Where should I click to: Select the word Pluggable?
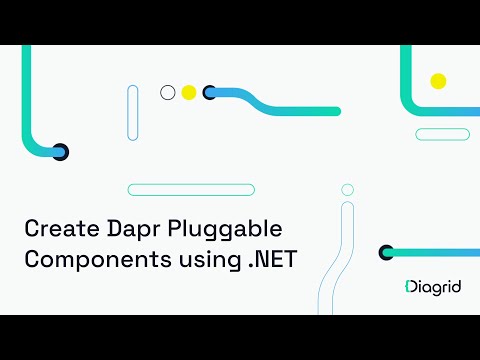(x=220, y=228)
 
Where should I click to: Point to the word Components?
(x=89, y=258)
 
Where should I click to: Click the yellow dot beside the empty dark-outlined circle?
(x=189, y=93)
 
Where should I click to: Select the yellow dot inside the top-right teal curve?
(x=437, y=80)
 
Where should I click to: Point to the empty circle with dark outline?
(x=168, y=93)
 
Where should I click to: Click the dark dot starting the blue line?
(x=210, y=93)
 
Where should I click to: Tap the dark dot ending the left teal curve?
(x=60, y=152)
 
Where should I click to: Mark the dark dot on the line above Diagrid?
(x=387, y=253)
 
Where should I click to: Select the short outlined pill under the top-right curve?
(x=442, y=134)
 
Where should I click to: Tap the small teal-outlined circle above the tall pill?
(x=347, y=189)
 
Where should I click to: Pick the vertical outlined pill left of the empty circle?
(x=133, y=113)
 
